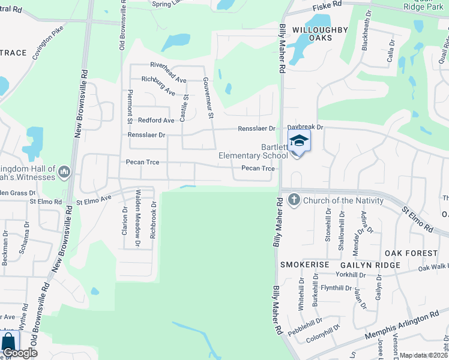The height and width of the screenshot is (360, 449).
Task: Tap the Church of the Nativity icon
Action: coord(294,200)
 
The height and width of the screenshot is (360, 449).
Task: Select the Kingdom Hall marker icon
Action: coord(64,173)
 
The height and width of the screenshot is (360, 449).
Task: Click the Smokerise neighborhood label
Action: coord(304,265)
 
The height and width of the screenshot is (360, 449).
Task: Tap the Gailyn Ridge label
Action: coord(370,265)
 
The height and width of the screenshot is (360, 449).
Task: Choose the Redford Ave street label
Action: coord(156,121)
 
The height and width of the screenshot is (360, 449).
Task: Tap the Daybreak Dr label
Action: coord(305,127)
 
